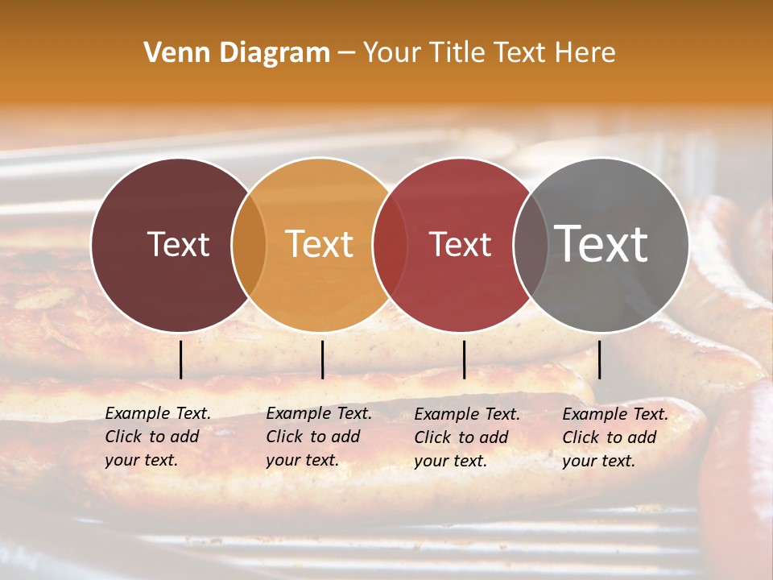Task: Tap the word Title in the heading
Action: tap(457, 53)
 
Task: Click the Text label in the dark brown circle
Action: tap(178, 244)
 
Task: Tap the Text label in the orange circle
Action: tap(320, 244)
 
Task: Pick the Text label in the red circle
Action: tap(460, 244)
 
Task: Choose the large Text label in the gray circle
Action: tap(601, 243)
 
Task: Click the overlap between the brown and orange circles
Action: tap(249, 244)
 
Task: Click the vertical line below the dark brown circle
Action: tap(181, 359)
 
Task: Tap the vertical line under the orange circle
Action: tap(322, 359)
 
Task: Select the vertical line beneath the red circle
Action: tap(464, 359)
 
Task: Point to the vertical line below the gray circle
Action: tap(599, 359)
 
